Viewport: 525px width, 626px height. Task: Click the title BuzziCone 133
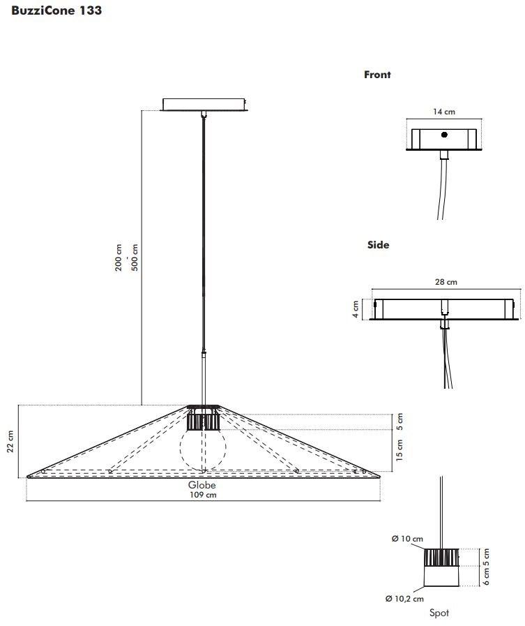click(x=56, y=10)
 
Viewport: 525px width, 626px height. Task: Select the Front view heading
click(x=377, y=75)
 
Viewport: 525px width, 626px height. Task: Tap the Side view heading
click(x=378, y=245)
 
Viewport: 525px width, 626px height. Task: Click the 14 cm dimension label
click(x=444, y=112)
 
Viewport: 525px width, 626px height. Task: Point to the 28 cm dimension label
click(x=446, y=282)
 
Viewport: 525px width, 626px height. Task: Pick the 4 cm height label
click(x=356, y=309)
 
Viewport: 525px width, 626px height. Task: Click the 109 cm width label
click(x=203, y=495)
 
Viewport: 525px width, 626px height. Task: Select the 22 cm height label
click(x=10, y=441)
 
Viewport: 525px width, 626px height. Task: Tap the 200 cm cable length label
click(x=119, y=258)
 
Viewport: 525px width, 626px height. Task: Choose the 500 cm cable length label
click(x=135, y=258)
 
